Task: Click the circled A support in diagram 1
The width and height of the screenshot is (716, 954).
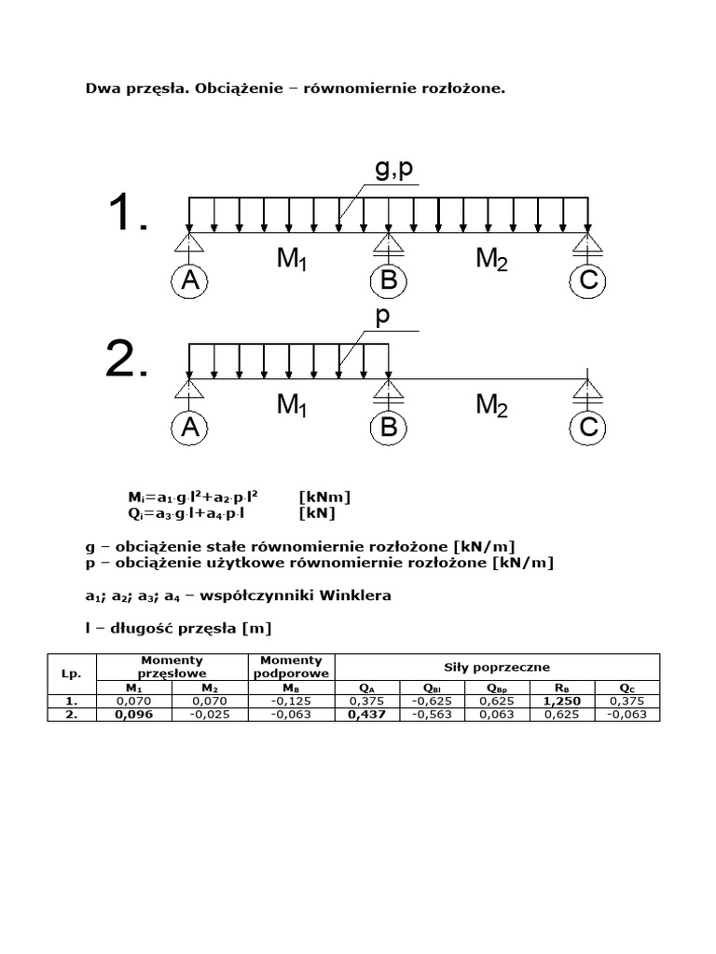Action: (x=190, y=280)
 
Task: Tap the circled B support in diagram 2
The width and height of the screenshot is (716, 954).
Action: (x=389, y=428)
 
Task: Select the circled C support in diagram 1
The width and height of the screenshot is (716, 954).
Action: (x=587, y=280)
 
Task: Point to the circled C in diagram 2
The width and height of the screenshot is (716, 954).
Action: (x=587, y=428)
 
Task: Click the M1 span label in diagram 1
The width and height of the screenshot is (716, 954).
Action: (x=292, y=259)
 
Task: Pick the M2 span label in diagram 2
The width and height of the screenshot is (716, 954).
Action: (x=491, y=405)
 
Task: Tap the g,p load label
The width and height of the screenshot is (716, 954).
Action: (x=394, y=170)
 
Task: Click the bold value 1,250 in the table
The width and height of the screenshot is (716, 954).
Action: (x=562, y=701)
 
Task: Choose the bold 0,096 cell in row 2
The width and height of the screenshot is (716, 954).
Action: (x=134, y=715)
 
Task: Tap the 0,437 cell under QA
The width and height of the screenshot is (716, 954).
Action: (x=367, y=715)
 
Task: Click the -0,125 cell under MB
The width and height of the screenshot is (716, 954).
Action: (x=291, y=701)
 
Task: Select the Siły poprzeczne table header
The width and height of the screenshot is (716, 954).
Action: (x=497, y=667)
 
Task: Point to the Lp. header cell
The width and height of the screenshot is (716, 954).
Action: (x=71, y=674)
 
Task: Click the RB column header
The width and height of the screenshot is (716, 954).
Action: (x=562, y=688)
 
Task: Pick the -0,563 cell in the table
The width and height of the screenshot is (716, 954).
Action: (x=432, y=715)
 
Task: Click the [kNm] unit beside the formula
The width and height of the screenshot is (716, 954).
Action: (x=324, y=497)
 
